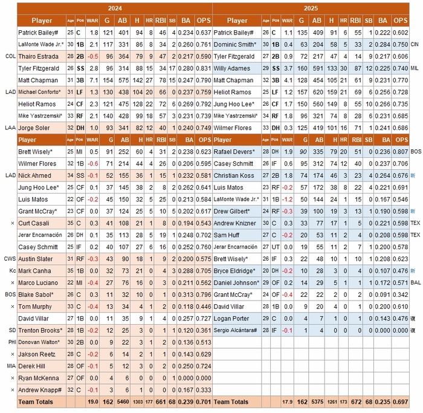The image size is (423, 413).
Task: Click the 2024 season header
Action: (x=114, y=8)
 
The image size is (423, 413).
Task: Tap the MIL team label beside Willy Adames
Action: (x=415, y=68)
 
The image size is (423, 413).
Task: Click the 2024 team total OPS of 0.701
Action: (x=204, y=402)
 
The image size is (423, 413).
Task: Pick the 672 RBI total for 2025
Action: (x=357, y=402)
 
